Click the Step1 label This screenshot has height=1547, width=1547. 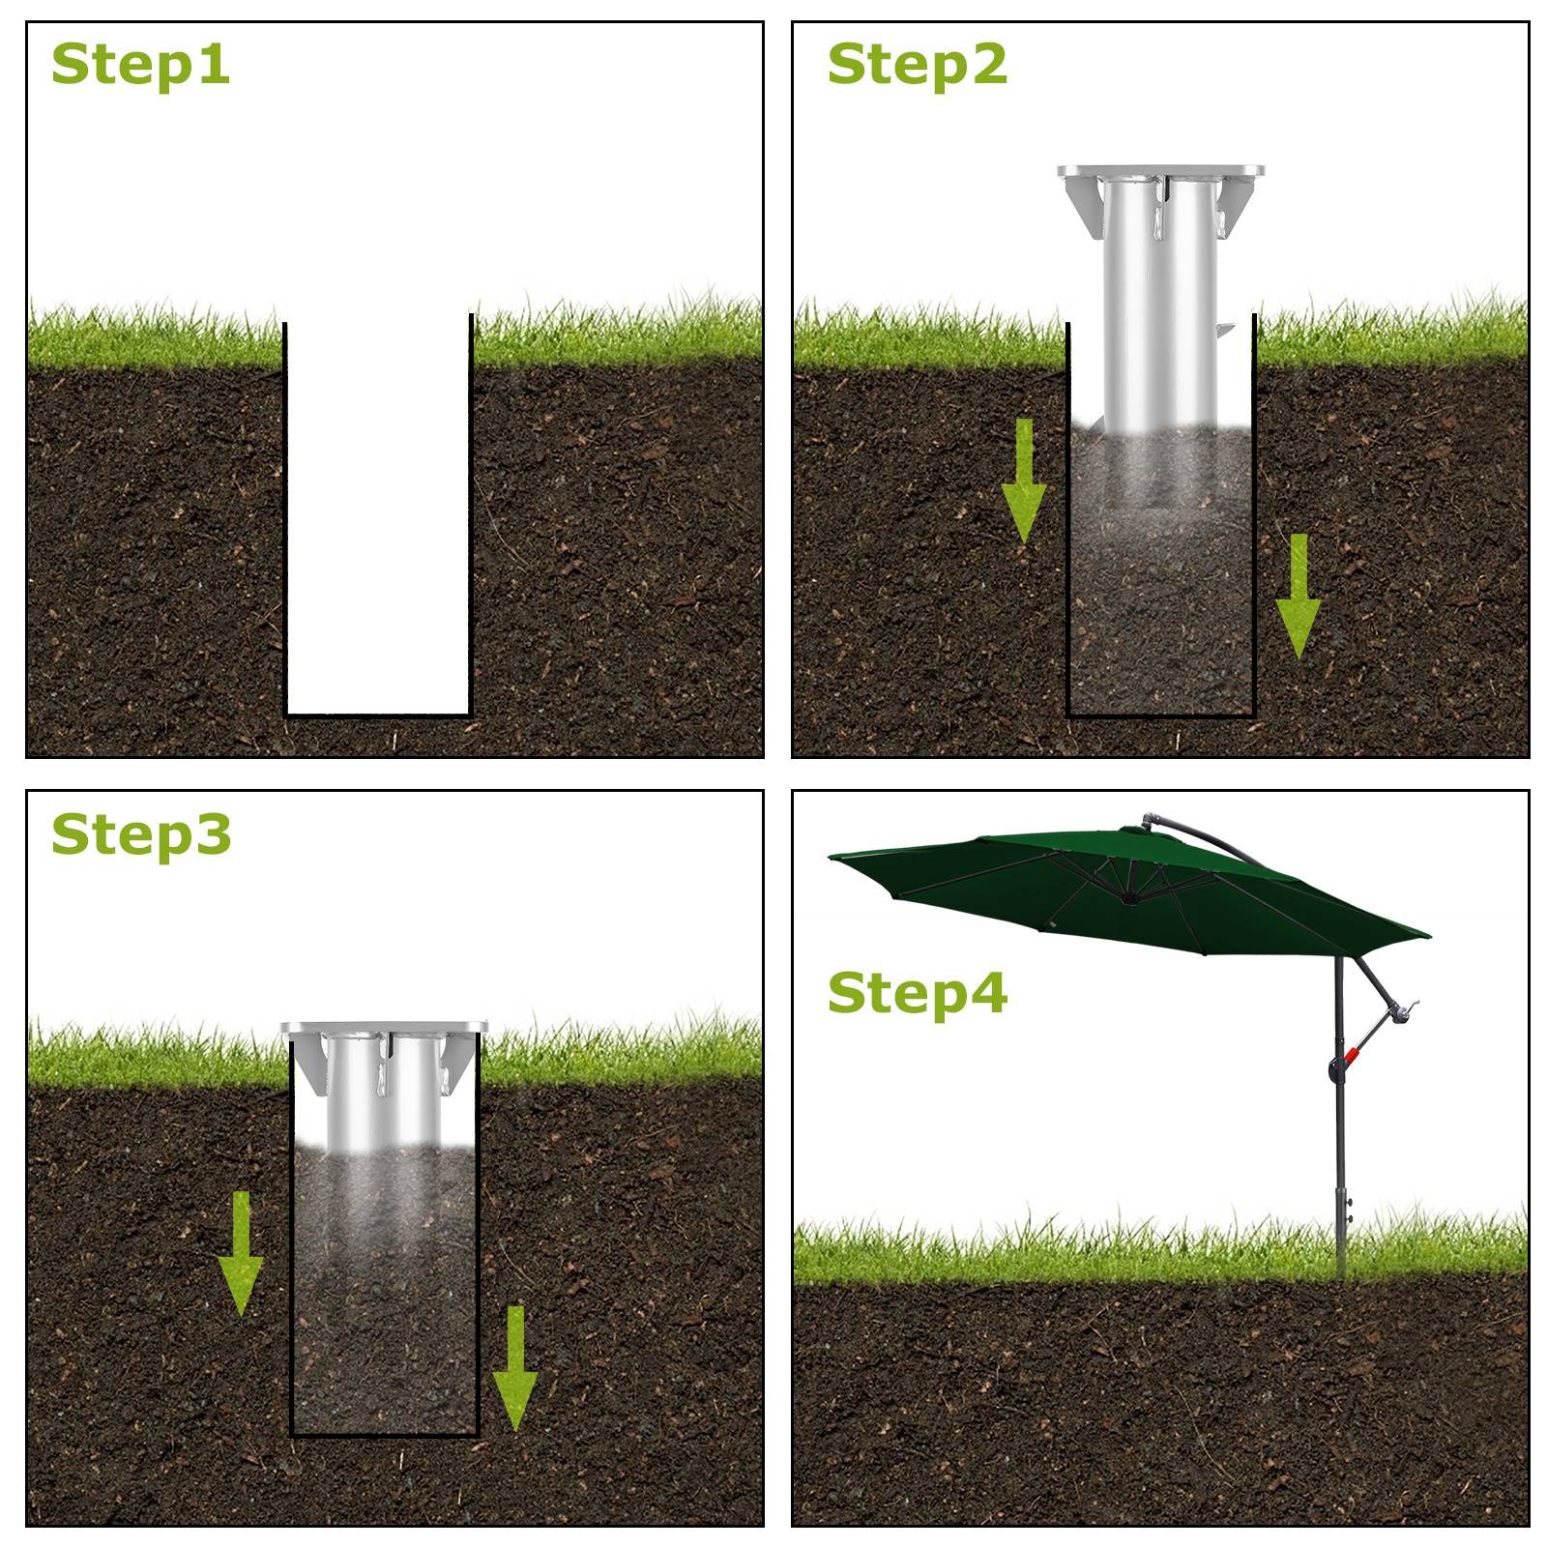click(140, 65)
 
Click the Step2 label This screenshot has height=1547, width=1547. click(917, 65)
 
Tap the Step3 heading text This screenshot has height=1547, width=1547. click(140, 834)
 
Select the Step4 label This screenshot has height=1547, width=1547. click(917, 993)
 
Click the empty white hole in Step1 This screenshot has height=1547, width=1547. click(378, 522)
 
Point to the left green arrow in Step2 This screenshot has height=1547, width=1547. click(1023, 483)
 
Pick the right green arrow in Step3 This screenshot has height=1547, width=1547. click(515, 1368)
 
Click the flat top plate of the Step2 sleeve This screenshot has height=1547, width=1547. click(1159, 171)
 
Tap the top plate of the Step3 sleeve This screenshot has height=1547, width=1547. click(384, 1027)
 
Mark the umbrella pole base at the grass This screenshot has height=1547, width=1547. click(1340, 1257)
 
